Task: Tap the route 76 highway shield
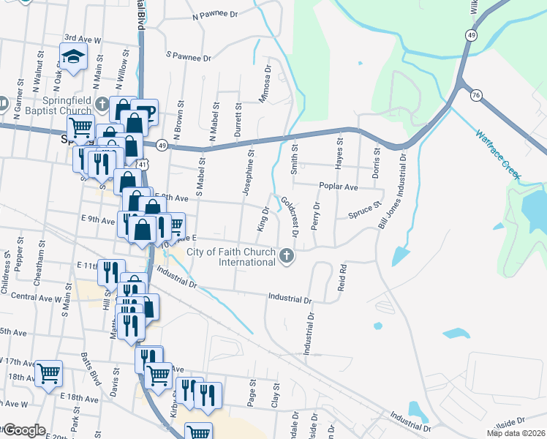tap(476, 95)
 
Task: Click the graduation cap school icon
tap(74, 56)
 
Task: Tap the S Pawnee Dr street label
tap(189, 56)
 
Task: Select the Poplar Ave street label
tap(338, 187)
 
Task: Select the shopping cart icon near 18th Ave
tap(48, 374)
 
